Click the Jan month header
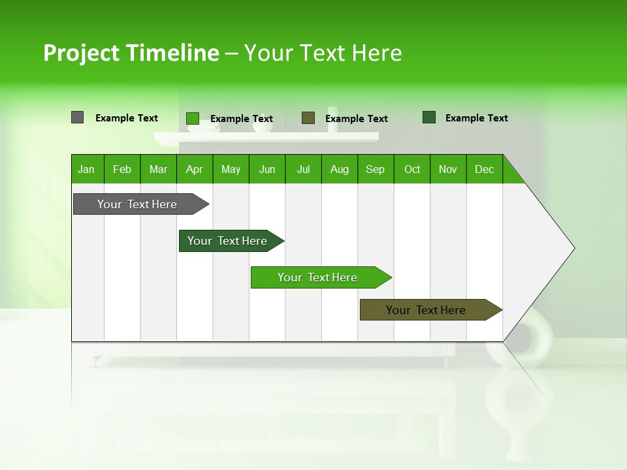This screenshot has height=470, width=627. (86, 169)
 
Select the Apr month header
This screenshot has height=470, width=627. (194, 169)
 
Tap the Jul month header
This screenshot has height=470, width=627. (303, 169)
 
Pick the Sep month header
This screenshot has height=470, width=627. (375, 169)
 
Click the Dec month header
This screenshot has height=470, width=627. (484, 169)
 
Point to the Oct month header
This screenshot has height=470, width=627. (412, 169)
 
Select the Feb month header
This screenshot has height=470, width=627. (122, 169)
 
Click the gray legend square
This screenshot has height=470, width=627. (77, 117)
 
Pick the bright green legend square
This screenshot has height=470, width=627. (193, 118)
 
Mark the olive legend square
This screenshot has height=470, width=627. (308, 117)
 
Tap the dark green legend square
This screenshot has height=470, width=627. (429, 117)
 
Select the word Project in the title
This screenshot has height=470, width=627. (82, 53)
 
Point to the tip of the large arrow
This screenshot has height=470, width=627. (573, 248)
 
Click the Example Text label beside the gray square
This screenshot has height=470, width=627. (127, 118)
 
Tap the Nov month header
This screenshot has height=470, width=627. (448, 169)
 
